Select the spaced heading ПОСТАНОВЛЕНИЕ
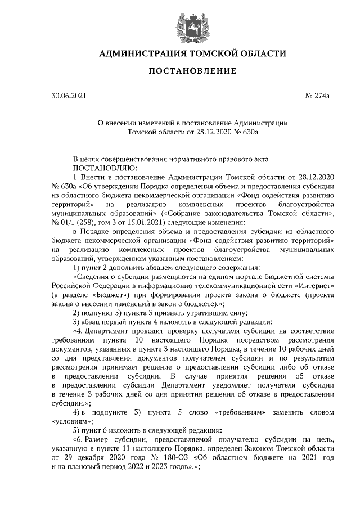pos(192,71)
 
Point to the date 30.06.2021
pos(69,97)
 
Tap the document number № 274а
pos(317,97)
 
